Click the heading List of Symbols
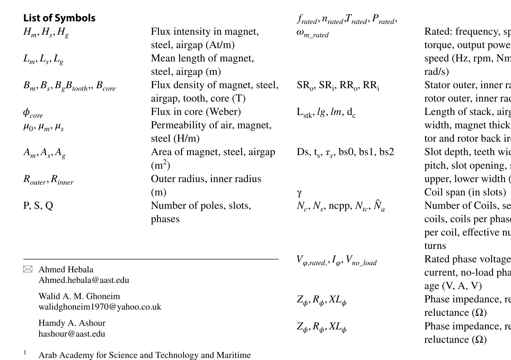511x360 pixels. click(x=59, y=18)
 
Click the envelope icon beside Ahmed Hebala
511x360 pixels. click(x=28, y=269)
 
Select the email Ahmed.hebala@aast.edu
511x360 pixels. click(x=84, y=280)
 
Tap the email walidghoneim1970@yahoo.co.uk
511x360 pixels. click(x=100, y=307)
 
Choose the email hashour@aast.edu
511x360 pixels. click(x=72, y=334)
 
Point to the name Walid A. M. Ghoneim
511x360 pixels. click(x=79, y=296)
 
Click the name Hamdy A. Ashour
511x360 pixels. click(x=72, y=323)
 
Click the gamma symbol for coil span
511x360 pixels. click(x=299, y=192)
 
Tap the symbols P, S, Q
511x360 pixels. click(x=38, y=205)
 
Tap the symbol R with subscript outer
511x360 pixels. click(x=34, y=179)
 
